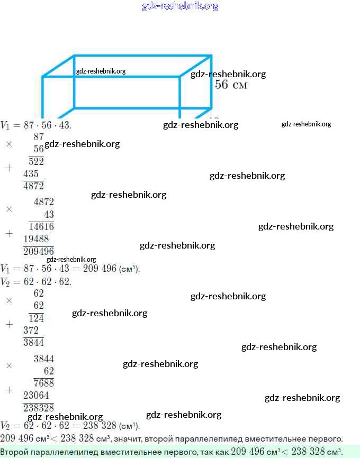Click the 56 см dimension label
[231, 85]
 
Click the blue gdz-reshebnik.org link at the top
[180, 6]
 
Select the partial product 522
[36, 161]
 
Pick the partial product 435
[31, 173]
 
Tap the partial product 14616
[41, 226]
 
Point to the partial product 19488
[35, 239]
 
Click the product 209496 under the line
[38, 251]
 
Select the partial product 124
[36, 318]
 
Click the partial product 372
[31, 330]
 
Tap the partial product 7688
[43, 383]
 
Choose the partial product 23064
[35, 395]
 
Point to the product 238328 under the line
[38, 408]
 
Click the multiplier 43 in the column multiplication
[49, 214]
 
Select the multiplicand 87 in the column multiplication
[39, 136]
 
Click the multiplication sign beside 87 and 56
[8, 143]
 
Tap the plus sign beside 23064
[8, 390]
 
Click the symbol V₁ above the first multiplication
[5, 125]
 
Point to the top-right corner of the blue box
[211, 55]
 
